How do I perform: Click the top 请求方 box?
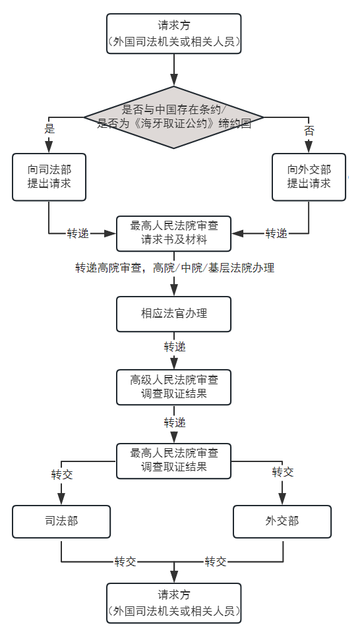coord(173,34)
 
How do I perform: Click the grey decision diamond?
coord(173,117)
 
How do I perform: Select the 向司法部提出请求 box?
coord(49,177)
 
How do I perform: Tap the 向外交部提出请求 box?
coord(309,177)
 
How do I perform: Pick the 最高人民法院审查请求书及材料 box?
coord(173,233)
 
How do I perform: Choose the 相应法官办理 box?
coord(173,314)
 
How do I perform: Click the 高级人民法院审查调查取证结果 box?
coord(173,388)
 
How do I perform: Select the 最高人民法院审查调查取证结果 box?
coord(173,461)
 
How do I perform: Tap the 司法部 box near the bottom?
coord(61,521)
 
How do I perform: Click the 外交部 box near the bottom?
coord(282,521)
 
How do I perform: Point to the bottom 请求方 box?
coord(173,603)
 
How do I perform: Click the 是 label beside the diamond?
coord(49,129)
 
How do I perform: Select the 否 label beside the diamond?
coord(309,131)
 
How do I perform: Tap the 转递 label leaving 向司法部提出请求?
coord(78,234)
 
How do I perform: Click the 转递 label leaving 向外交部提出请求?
coord(276,234)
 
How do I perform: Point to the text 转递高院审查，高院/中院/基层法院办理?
coord(175,268)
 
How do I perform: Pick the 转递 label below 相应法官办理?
coord(175,347)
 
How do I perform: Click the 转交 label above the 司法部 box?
coord(62,475)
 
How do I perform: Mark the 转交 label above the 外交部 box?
coord(283,472)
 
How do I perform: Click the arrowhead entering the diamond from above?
coord(174,80)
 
